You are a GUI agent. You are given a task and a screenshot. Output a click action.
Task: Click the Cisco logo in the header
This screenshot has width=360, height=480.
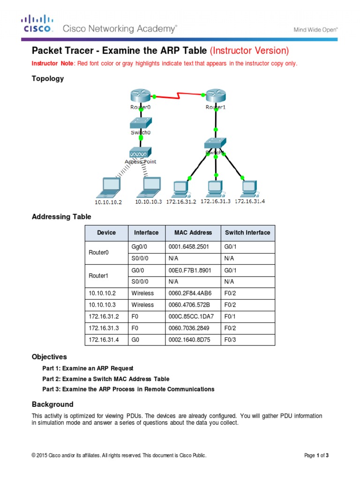36,24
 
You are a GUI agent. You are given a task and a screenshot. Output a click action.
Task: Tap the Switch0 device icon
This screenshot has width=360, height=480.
141,122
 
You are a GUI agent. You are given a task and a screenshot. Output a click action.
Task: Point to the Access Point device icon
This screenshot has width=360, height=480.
141,153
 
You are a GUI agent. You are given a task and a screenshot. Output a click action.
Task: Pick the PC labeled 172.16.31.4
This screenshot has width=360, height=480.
249,188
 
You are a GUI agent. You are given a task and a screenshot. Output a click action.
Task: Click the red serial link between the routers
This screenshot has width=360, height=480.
178,97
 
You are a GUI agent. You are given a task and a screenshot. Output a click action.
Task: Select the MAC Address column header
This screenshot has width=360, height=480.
193,232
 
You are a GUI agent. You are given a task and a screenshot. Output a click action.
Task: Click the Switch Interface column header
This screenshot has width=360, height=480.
247,232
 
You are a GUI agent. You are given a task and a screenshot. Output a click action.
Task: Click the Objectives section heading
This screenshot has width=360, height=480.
49,357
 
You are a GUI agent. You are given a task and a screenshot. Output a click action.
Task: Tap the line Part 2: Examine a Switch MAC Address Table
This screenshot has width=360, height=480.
105,379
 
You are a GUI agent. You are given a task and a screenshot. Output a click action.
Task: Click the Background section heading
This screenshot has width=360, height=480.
52,404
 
